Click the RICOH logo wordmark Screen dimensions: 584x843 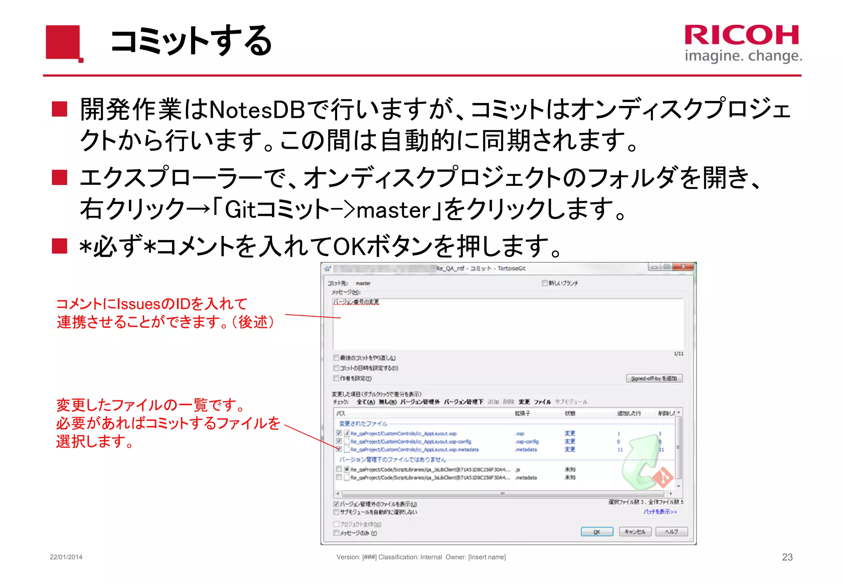pyautogui.click(x=742, y=35)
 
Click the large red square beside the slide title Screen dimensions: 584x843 pyautogui.click(x=63, y=42)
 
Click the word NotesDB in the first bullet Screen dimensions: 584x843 pyautogui.click(x=257, y=110)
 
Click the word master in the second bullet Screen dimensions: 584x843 pyautogui.click(x=394, y=210)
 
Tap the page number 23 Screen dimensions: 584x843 pyautogui.click(x=787, y=557)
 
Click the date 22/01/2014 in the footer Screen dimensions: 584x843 pyautogui.click(x=66, y=557)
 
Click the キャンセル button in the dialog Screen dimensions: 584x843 pyautogui.click(x=635, y=532)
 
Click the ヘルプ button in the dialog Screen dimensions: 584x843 pyautogui.click(x=671, y=532)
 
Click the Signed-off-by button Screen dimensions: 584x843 pyautogui.click(x=654, y=378)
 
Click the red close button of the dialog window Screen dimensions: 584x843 pyautogui.click(x=684, y=267)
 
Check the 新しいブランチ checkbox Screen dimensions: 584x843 pyautogui.click(x=545, y=283)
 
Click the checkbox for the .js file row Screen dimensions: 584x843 pyautogui.click(x=339, y=469)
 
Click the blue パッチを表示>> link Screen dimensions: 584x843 pyautogui.click(x=660, y=512)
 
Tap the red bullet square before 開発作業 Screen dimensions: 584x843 pyautogui.click(x=60, y=109)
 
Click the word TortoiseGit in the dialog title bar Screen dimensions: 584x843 pyautogui.click(x=511, y=269)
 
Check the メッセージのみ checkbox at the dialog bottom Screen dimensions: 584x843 pyautogui.click(x=336, y=533)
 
